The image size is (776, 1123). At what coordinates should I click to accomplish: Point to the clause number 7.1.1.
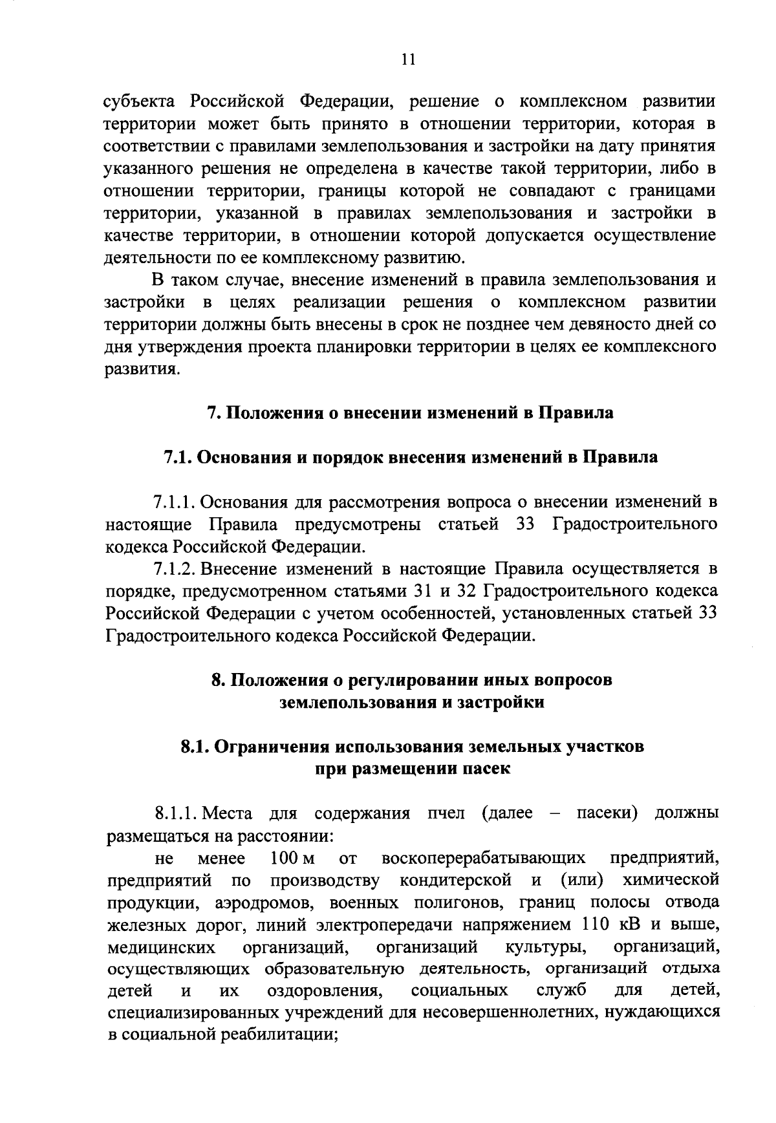(174, 502)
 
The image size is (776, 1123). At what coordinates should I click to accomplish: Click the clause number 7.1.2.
(174, 569)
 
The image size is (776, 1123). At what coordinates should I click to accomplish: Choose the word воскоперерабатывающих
(484, 858)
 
